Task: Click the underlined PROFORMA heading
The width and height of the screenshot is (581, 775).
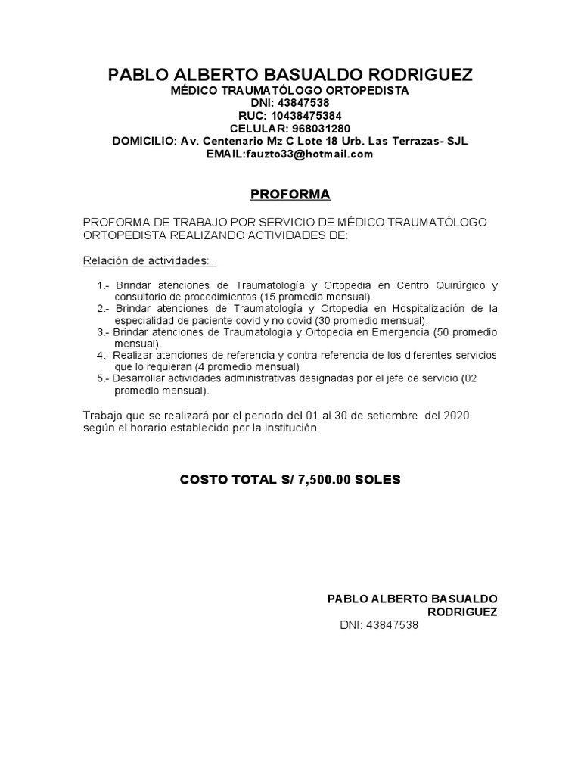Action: coord(290,195)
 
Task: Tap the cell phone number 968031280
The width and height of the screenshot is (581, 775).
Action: coord(317,129)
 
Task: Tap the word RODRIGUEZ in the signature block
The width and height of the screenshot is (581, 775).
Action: coord(462,612)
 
